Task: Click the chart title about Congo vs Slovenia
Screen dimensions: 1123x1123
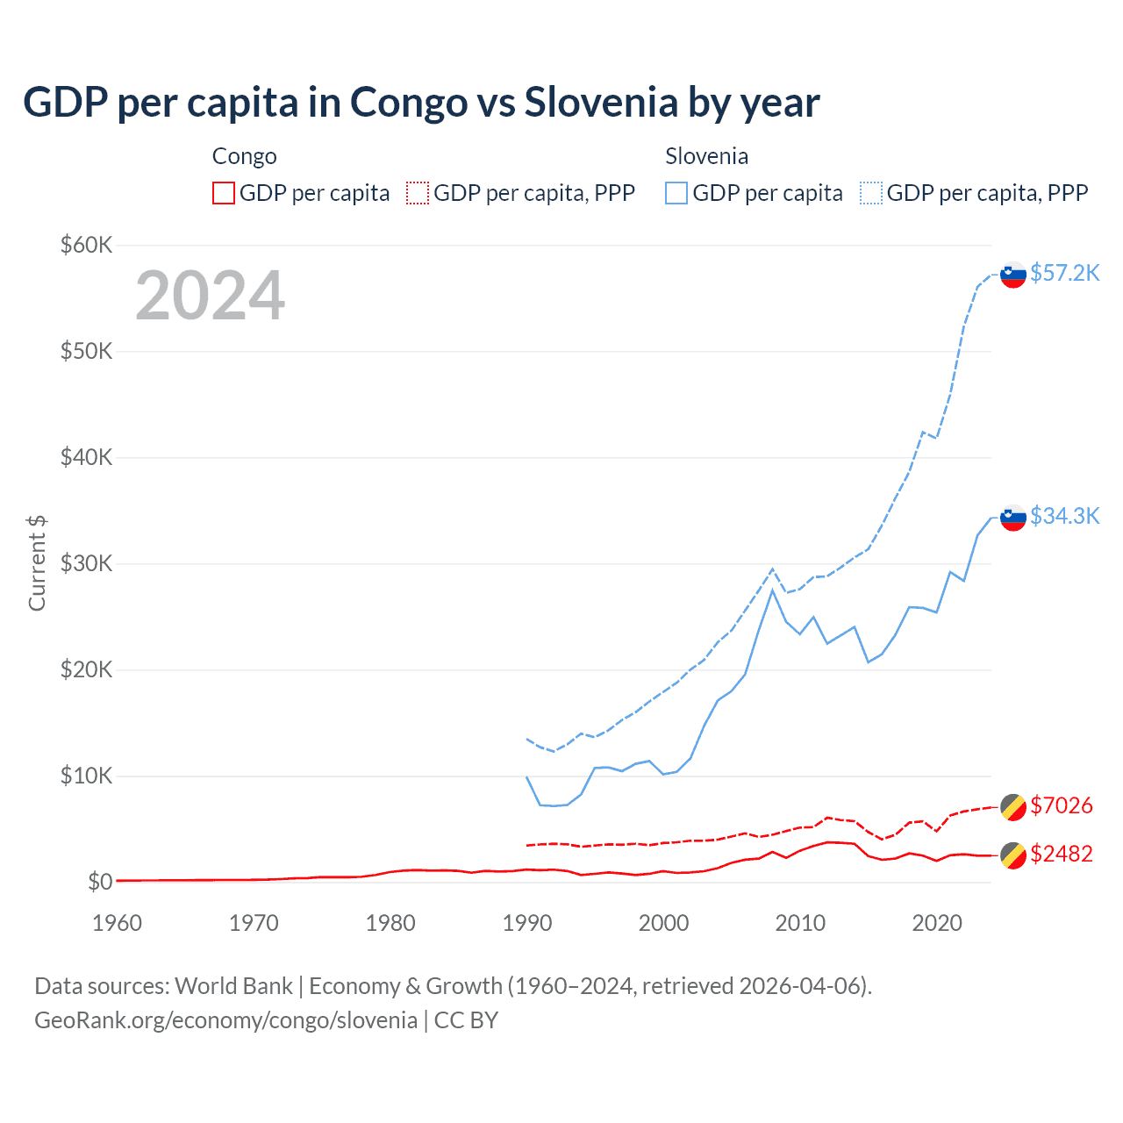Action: pos(421,102)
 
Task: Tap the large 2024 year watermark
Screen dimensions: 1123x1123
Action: pos(210,296)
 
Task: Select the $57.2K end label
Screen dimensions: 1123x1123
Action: pos(1064,273)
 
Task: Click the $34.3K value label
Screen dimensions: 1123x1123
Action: pos(1064,516)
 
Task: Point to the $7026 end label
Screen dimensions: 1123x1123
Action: pos(1061,805)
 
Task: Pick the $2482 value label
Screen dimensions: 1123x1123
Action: pos(1061,854)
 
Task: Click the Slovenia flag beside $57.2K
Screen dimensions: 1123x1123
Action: pos(1013,275)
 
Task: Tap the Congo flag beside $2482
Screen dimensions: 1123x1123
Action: pos(1013,855)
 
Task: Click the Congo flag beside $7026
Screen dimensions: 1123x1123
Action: pos(1013,806)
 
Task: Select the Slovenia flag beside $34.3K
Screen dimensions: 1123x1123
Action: pos(1013,518)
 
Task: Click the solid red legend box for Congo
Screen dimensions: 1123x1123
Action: pos(224,193)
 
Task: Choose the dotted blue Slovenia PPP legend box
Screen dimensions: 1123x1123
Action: pos(871,193)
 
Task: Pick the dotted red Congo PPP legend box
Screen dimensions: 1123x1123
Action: pos(418,193)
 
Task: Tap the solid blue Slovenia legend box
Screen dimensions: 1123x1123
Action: pos(676,193)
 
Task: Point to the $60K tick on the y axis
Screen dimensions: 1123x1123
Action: pos(86,245)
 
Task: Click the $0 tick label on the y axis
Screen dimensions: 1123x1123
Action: pos(99,882)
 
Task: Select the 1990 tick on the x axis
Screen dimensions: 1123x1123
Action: pos(527,923)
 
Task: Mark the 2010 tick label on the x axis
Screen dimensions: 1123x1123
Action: pos(800,923)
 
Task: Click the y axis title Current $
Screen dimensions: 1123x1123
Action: pos(37,563)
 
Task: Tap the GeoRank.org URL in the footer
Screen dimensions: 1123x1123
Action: pos(225,1020)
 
